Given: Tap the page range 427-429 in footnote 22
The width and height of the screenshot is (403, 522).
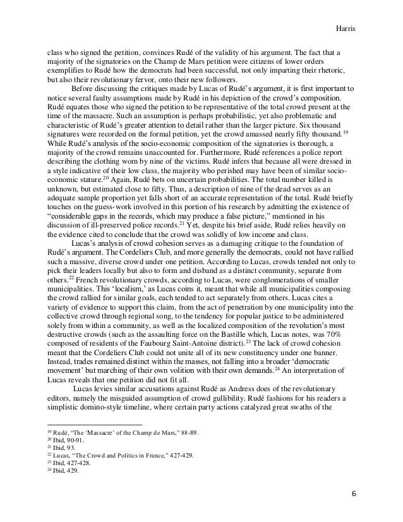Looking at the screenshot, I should (x=183, y=454).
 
